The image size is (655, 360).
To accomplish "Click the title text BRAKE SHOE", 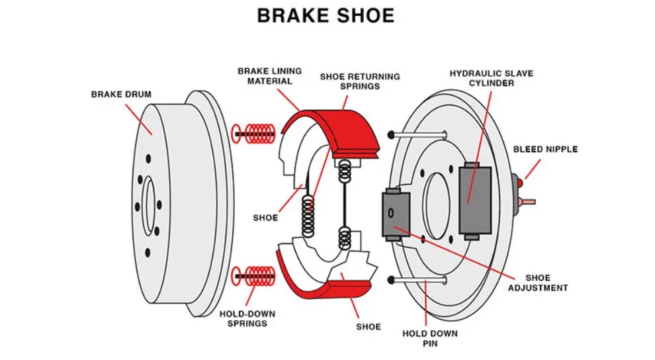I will pyautogui.click(x=326, y=16).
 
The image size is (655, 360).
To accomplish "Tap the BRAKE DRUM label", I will pyautogui.click(x=121, y=95).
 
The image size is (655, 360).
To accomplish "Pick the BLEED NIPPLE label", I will pyautogui.click(x=545, y=150).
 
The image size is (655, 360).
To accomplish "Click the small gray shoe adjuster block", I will pyautogui.click(x=396, y=214).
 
